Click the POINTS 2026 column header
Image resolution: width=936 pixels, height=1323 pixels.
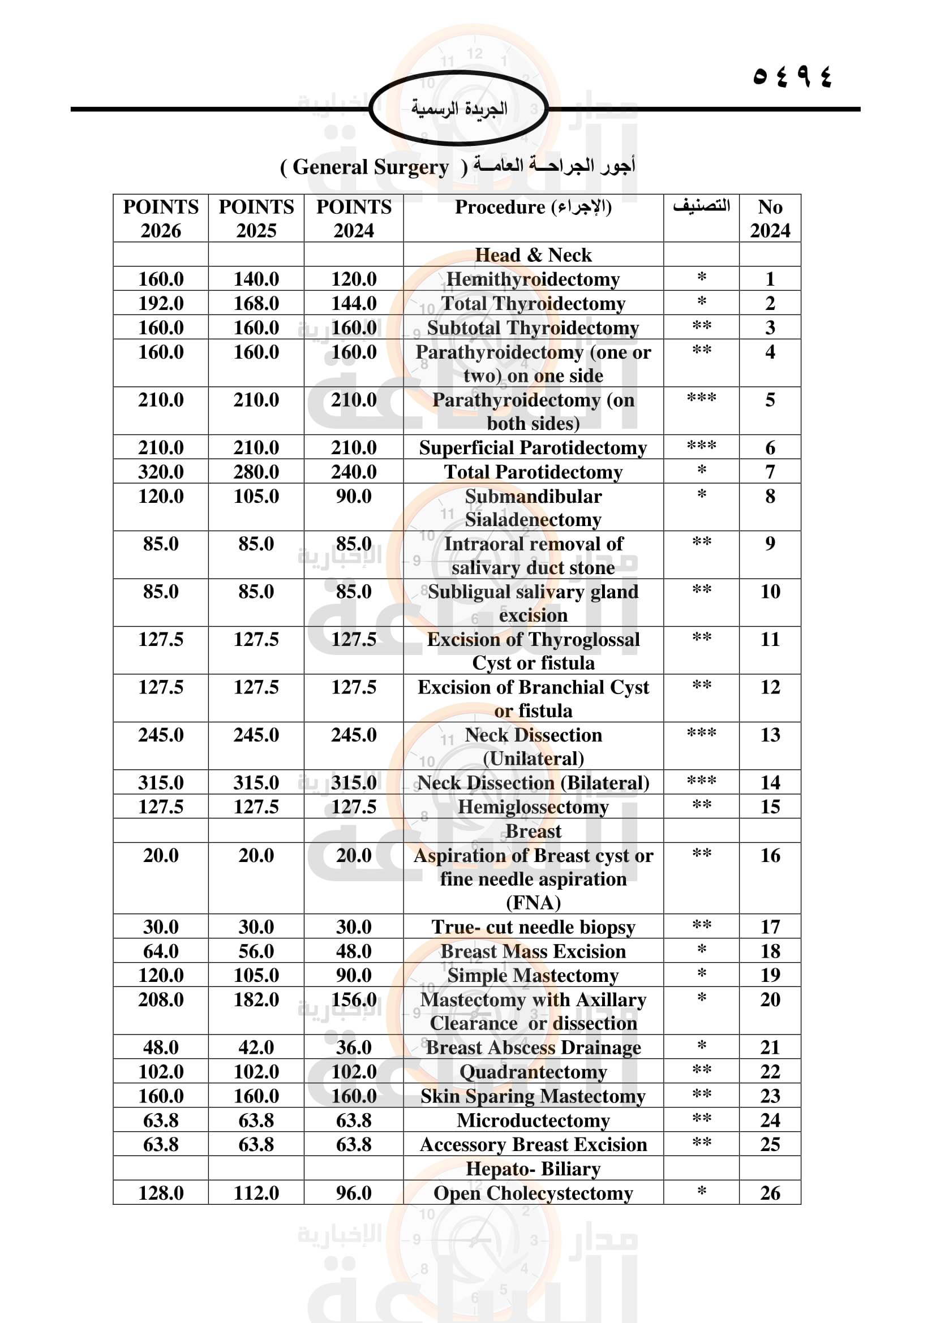[x=161, y=218]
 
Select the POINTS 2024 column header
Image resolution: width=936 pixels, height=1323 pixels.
[x=354, y=218]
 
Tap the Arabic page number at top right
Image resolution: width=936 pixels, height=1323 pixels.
[x=792, y=76]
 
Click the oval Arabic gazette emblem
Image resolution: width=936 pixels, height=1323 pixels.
[x=459, y=109]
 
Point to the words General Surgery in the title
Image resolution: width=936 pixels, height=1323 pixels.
[x=371, y=167]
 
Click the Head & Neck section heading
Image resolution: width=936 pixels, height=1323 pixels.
[x=533, y=255]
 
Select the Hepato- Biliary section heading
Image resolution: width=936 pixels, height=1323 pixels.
[x=533, y=1169]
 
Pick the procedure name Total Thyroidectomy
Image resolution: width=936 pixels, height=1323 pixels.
[x=533, y=303]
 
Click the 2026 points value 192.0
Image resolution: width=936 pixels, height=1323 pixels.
[x=161, y=303]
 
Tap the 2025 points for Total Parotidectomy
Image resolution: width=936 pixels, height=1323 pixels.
[x=256, y=472]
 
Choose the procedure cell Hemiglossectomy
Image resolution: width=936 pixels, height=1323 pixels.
[x=533, y=807]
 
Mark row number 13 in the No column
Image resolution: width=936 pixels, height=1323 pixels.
[x=770, y=735]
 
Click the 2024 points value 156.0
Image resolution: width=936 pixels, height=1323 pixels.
[x=354, y=999]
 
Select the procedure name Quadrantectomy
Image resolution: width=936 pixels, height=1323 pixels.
[x=533, y=1072]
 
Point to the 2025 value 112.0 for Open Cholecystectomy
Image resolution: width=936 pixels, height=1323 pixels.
[x=256, y=1193]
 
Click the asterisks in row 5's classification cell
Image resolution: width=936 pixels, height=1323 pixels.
[x=701, y=399]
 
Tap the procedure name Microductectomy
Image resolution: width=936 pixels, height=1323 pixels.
[x=533, y=1120]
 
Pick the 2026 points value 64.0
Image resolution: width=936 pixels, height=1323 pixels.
[x=161, y=951]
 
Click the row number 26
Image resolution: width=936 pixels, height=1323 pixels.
[x=770, y=1193]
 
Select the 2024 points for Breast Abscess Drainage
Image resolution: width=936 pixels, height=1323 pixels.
[x=354, y=1048]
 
